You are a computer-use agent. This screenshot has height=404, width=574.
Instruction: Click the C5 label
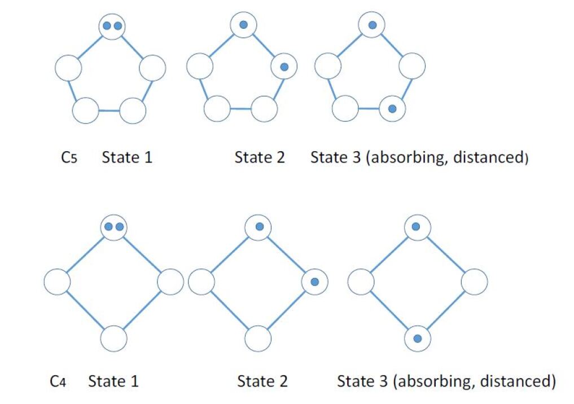(x=68, y=157)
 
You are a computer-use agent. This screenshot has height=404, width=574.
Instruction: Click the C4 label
(x=58, y=381)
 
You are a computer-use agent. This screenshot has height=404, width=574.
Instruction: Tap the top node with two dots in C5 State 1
(x=112, y=26)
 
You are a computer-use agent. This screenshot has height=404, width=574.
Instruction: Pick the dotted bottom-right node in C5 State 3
(x=392, y=108)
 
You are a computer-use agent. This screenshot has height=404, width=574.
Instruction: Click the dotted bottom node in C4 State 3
(x=417, y=339)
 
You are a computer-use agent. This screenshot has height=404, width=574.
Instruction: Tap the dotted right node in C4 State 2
(x=314, y=282)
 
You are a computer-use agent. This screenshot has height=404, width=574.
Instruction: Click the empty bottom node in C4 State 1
(x=114, y=339)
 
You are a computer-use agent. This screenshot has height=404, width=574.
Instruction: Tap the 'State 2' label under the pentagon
(x=260, y=157)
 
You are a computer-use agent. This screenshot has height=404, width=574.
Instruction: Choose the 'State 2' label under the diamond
(x=262, y=381)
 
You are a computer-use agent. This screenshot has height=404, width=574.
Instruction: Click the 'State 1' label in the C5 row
(x=127, y=157)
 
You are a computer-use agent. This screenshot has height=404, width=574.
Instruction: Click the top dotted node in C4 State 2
(x=259, y=227)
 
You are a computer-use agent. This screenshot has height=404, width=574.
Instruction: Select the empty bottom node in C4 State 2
(x=259, y=339)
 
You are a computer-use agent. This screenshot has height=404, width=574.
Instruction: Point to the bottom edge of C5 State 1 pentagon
(x=109, y=110)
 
